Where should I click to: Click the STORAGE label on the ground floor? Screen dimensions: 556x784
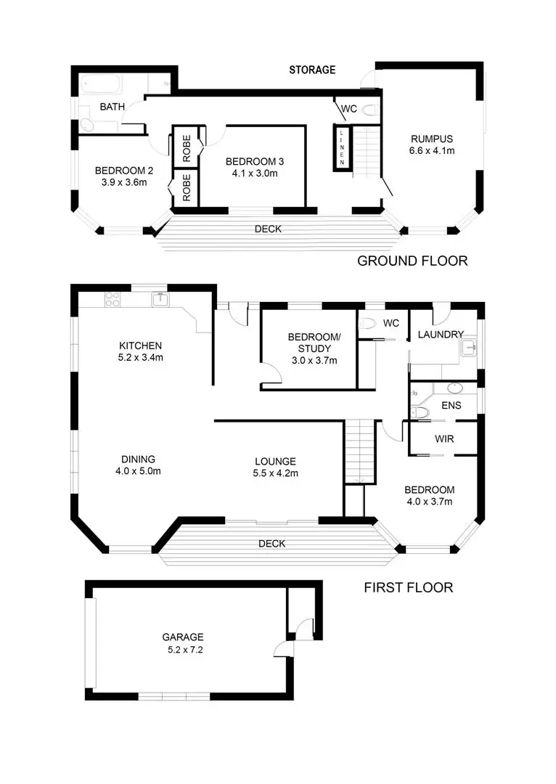click(x=312, y=70)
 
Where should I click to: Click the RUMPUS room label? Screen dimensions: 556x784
click(x=431, y=139)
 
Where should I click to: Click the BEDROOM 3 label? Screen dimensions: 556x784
click(x=253, y=161)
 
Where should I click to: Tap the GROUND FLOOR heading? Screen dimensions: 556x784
click(x=412, y=261)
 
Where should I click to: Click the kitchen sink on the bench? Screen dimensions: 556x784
click(x=159, y=299)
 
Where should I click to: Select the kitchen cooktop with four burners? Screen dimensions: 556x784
click(x=113, y=298)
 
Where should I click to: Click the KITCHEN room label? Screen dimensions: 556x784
click(x=141, y=346)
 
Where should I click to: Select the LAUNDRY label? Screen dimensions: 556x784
click(x=441, y=335)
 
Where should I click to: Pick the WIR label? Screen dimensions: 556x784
click(x=444, y=439)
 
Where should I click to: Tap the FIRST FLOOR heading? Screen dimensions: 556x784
click(x=408, y=587)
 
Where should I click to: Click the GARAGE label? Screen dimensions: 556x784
click(x=182, y=637)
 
